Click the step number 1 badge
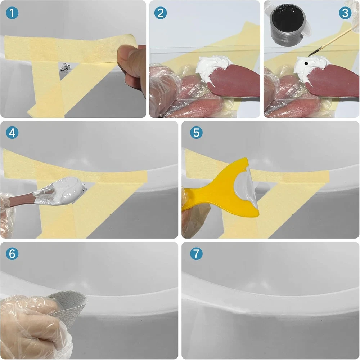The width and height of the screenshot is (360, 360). pos(12,13)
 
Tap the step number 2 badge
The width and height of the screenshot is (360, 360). pos(161,13)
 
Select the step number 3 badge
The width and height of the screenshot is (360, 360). pos(345,13)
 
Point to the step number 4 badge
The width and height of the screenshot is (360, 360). pos(12,133)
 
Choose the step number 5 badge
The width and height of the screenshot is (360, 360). pos(196,133)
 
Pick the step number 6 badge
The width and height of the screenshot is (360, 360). pos(12,254)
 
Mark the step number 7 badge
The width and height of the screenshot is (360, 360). pos(196,254)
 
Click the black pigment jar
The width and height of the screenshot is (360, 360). pos(287,25)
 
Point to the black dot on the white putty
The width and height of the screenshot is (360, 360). pos(306,63)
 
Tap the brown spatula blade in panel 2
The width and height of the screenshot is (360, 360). pos(234,80)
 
